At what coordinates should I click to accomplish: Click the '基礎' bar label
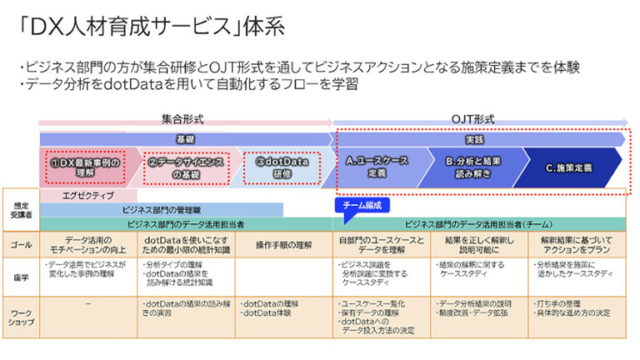point(184,139)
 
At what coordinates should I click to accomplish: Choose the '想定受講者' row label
point(20,209)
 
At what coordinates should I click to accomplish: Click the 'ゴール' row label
point(20,244)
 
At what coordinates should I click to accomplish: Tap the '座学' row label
point(20,276)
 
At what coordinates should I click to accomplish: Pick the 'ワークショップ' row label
point(20,316)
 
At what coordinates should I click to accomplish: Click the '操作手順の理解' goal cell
point(284,244)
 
